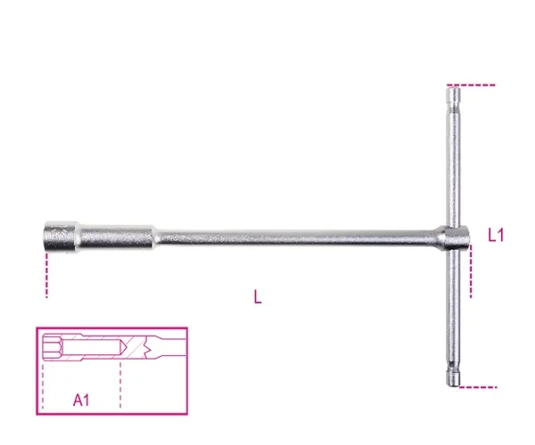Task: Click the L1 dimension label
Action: pyautogui.click(x=496, y=235)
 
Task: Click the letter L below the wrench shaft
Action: pyautogui.click(x=258, y=296)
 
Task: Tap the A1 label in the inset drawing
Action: pyautogui.click(x=81, y=400)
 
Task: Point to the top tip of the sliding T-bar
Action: pyautogui.click(x=454, y=88)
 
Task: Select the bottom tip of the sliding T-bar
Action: pyautogui.click(x=454, y=385)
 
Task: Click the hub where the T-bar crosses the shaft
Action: pyautogui.click(x=455, y=237)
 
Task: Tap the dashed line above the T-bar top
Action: pyautogui.click(x=471, y=85)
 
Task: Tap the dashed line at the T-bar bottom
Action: pyautogui.click(x=478, y=387)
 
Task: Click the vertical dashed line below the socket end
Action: pyautogui.click(x=46, y=275)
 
